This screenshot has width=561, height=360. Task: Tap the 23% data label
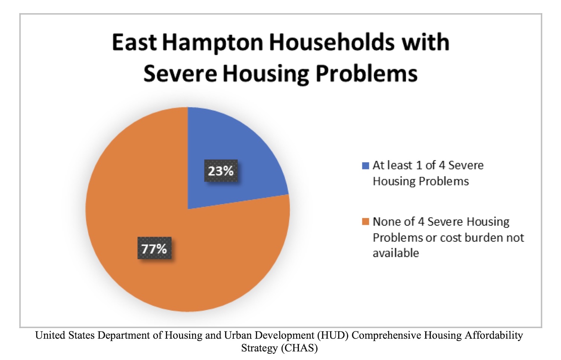[x=221, y=171]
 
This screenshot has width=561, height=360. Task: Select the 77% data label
[x=154, y=248]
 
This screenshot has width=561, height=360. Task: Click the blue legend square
[x=365, y=166]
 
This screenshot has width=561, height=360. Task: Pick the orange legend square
[x=365, y=222]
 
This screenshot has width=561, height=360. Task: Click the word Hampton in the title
[x=213, y=43]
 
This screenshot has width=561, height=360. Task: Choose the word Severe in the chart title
[x=180, y=74]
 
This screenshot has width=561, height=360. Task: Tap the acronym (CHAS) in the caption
[x=299, y=348]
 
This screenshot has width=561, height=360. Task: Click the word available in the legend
[x=396, y=253]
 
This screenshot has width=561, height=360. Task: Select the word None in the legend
[x=386, y=222]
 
